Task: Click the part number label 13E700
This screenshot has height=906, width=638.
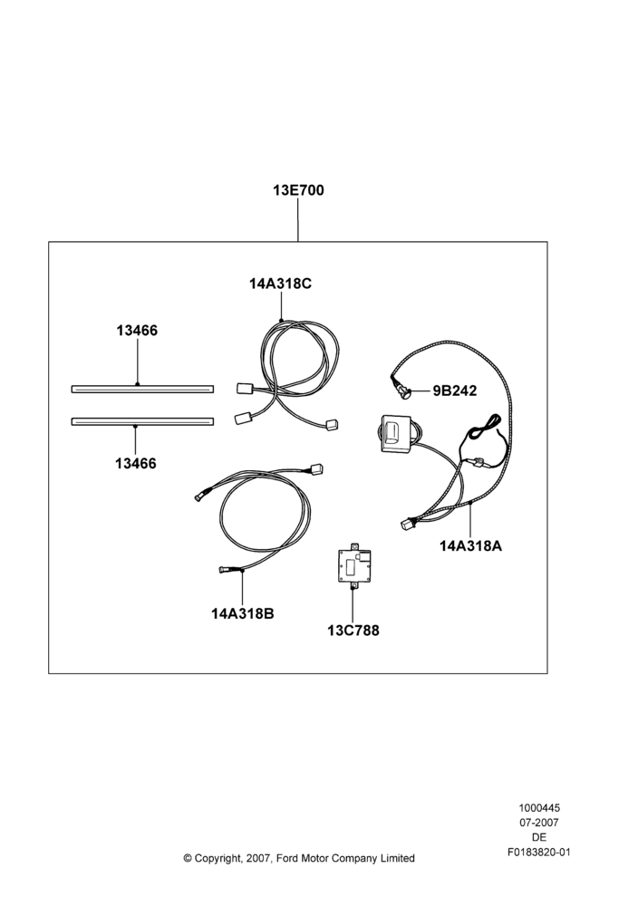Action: pyautogui.click(x=298, y=190)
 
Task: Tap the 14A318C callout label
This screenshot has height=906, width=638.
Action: pyautogui.click(x=280, y=284)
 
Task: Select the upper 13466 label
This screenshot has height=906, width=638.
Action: pyautogui.click(x=137, y=331)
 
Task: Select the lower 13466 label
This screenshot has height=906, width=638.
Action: pyautogui.click(x=136, y=463)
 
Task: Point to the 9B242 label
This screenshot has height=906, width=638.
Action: pyautogui.click(x=455, y=391)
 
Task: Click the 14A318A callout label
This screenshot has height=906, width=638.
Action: pyautogui.click(x=470, y=545)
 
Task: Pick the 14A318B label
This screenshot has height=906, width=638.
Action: pyautogui.click(x=243, y=613)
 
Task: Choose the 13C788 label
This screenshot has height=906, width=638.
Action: pyautogui.click(x=353, y=631)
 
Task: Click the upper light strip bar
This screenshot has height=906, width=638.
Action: pyautogui.click(x=142, y=389)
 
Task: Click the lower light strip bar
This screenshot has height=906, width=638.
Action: pyautogui.click(x=142, y=422)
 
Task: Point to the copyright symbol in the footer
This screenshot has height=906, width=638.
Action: pyautogui.click(x=188, y=858)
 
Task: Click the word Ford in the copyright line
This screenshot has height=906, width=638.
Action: pyautogui.click(x=287, y=858)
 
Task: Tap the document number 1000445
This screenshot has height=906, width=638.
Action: pyautogui.click(x=539, y=808)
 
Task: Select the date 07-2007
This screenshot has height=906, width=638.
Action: pyautogui.click(x=539, y=823)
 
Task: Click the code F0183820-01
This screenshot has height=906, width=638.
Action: pyautogui.click(x=539, y=852)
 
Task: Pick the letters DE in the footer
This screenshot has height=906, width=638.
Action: pyautogui.click(x=539, y=837)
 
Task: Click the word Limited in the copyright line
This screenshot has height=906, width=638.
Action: pyautogui.click(x=397, y=858)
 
